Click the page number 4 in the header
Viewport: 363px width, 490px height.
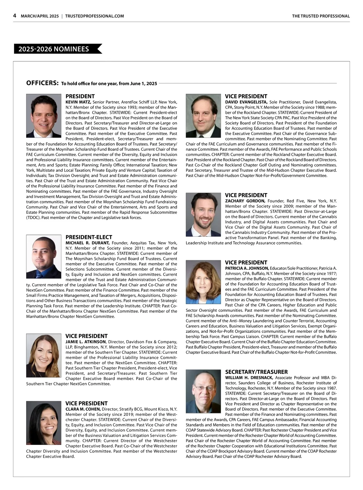[15, 16]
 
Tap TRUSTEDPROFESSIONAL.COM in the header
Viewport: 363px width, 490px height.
[94, 16]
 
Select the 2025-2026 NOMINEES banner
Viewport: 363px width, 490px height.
[56, 49]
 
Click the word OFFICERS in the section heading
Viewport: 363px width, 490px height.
[42, 83]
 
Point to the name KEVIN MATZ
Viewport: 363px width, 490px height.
[78, 102]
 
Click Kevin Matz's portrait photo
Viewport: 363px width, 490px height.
[44, 116]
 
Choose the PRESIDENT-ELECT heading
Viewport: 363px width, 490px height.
[89, 237]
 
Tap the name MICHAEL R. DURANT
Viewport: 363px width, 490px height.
[87, 243]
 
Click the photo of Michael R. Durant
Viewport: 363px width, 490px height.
[44, 257]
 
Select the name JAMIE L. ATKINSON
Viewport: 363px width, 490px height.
[86, 342]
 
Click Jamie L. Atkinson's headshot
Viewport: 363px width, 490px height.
[44, 355]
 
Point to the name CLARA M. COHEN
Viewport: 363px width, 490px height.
[83, 409]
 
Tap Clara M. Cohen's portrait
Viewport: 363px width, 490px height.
[44, 423]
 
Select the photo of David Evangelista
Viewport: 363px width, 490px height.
[203, 116]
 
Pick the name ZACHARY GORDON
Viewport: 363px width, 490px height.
[245, 201]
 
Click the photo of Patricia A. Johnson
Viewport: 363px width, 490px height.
[203, 282]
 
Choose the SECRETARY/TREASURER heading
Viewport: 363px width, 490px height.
[256, 372]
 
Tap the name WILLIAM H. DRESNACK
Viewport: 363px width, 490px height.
[249, 378]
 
